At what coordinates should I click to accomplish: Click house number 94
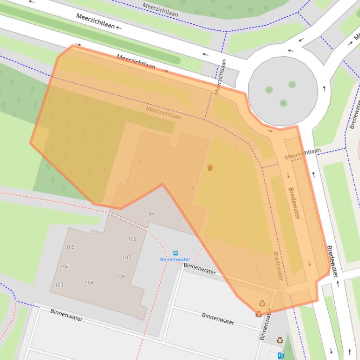tap(151, 214)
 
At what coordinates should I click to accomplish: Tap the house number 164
tap(89, 282)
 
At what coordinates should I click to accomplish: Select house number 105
tap(70, 247)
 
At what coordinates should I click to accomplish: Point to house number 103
tap(59, 285)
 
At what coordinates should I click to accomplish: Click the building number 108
tap(121, 277)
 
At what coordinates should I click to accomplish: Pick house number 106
tap(132, 239)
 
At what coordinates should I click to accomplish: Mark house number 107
tap(126, 258)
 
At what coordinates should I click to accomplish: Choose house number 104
tap(65, 267)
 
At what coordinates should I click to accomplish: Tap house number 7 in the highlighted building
tap(145, 144)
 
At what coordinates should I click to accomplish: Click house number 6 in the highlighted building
tap(140, 161)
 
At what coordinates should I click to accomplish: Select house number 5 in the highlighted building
tap(135, 180)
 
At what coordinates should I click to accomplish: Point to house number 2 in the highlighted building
tap(202, 151)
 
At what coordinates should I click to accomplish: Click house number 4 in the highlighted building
tap(192, 187)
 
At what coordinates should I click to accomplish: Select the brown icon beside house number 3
tap(210, 167)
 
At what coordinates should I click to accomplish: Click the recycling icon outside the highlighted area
tap(280, 340)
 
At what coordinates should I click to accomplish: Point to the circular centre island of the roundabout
tap(282, 92)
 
